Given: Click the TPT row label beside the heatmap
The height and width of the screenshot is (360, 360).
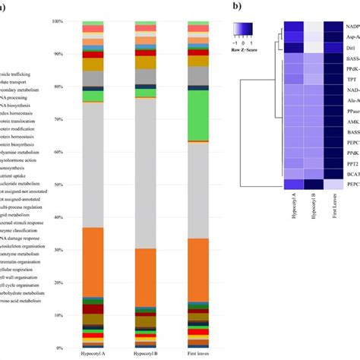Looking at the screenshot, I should (352, 99).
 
